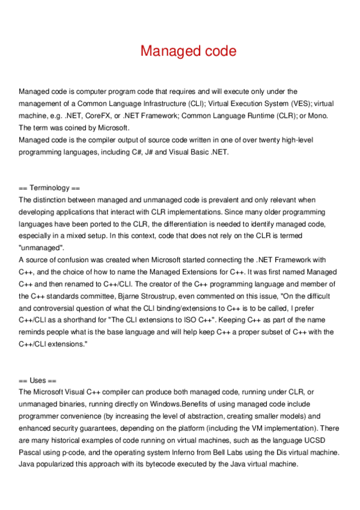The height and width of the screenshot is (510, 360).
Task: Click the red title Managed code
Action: click(x=188, y=51)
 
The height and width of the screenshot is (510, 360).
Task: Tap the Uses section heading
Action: click(x=37, y=381)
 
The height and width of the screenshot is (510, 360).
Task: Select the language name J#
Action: click(x=148, y=152)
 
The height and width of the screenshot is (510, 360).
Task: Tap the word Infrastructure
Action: click(x=156, y=103)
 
